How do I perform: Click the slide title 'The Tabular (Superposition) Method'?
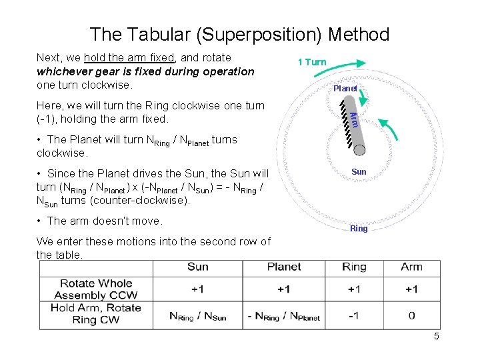(x=239, y=34)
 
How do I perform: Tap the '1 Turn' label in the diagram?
(x=312, y=62)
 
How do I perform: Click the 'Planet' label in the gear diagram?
(x=345, y=88)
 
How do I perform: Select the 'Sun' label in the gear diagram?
(x=359, y=171)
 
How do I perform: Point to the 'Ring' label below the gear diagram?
(x=359, y=228)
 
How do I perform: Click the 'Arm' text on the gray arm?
(x=355, y=119)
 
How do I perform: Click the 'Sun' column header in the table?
(x=197, y=267)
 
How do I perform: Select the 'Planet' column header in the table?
(x=284, y=267)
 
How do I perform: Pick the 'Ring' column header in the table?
(x=354, y=267)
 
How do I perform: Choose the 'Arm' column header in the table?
(x=411, y=267)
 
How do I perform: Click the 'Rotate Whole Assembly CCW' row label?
(x=96, y=289)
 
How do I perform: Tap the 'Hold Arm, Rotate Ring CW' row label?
(x=96, y=314)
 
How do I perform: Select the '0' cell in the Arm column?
(x=411, y=316)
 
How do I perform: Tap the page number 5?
(x=436, y=336)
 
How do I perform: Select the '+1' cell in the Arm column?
(x=411, y=289)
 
